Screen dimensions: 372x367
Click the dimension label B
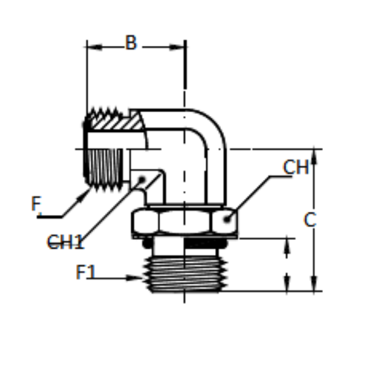point(131,43)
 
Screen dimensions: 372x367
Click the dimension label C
point(310,220)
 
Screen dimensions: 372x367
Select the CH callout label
point(296,167)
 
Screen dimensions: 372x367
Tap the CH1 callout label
point(66,242)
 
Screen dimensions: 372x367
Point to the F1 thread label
point(86,272)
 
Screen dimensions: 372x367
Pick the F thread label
point(36,203)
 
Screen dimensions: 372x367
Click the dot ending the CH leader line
point(227,219)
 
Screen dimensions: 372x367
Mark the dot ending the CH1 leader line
point(141,180)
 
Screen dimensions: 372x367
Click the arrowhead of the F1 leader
point(135,278)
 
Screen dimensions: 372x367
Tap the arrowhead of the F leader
point(84,195)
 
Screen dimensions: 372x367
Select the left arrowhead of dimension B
point(94,47)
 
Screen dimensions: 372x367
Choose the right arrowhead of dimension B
point(177,47)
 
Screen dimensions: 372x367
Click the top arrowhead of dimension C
point(314,156)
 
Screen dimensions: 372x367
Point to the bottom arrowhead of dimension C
point(314,283)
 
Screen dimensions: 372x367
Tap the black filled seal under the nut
point(205,244)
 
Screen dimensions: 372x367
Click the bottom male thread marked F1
point(185,274)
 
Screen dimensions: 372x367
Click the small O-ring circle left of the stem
point(147,244)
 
